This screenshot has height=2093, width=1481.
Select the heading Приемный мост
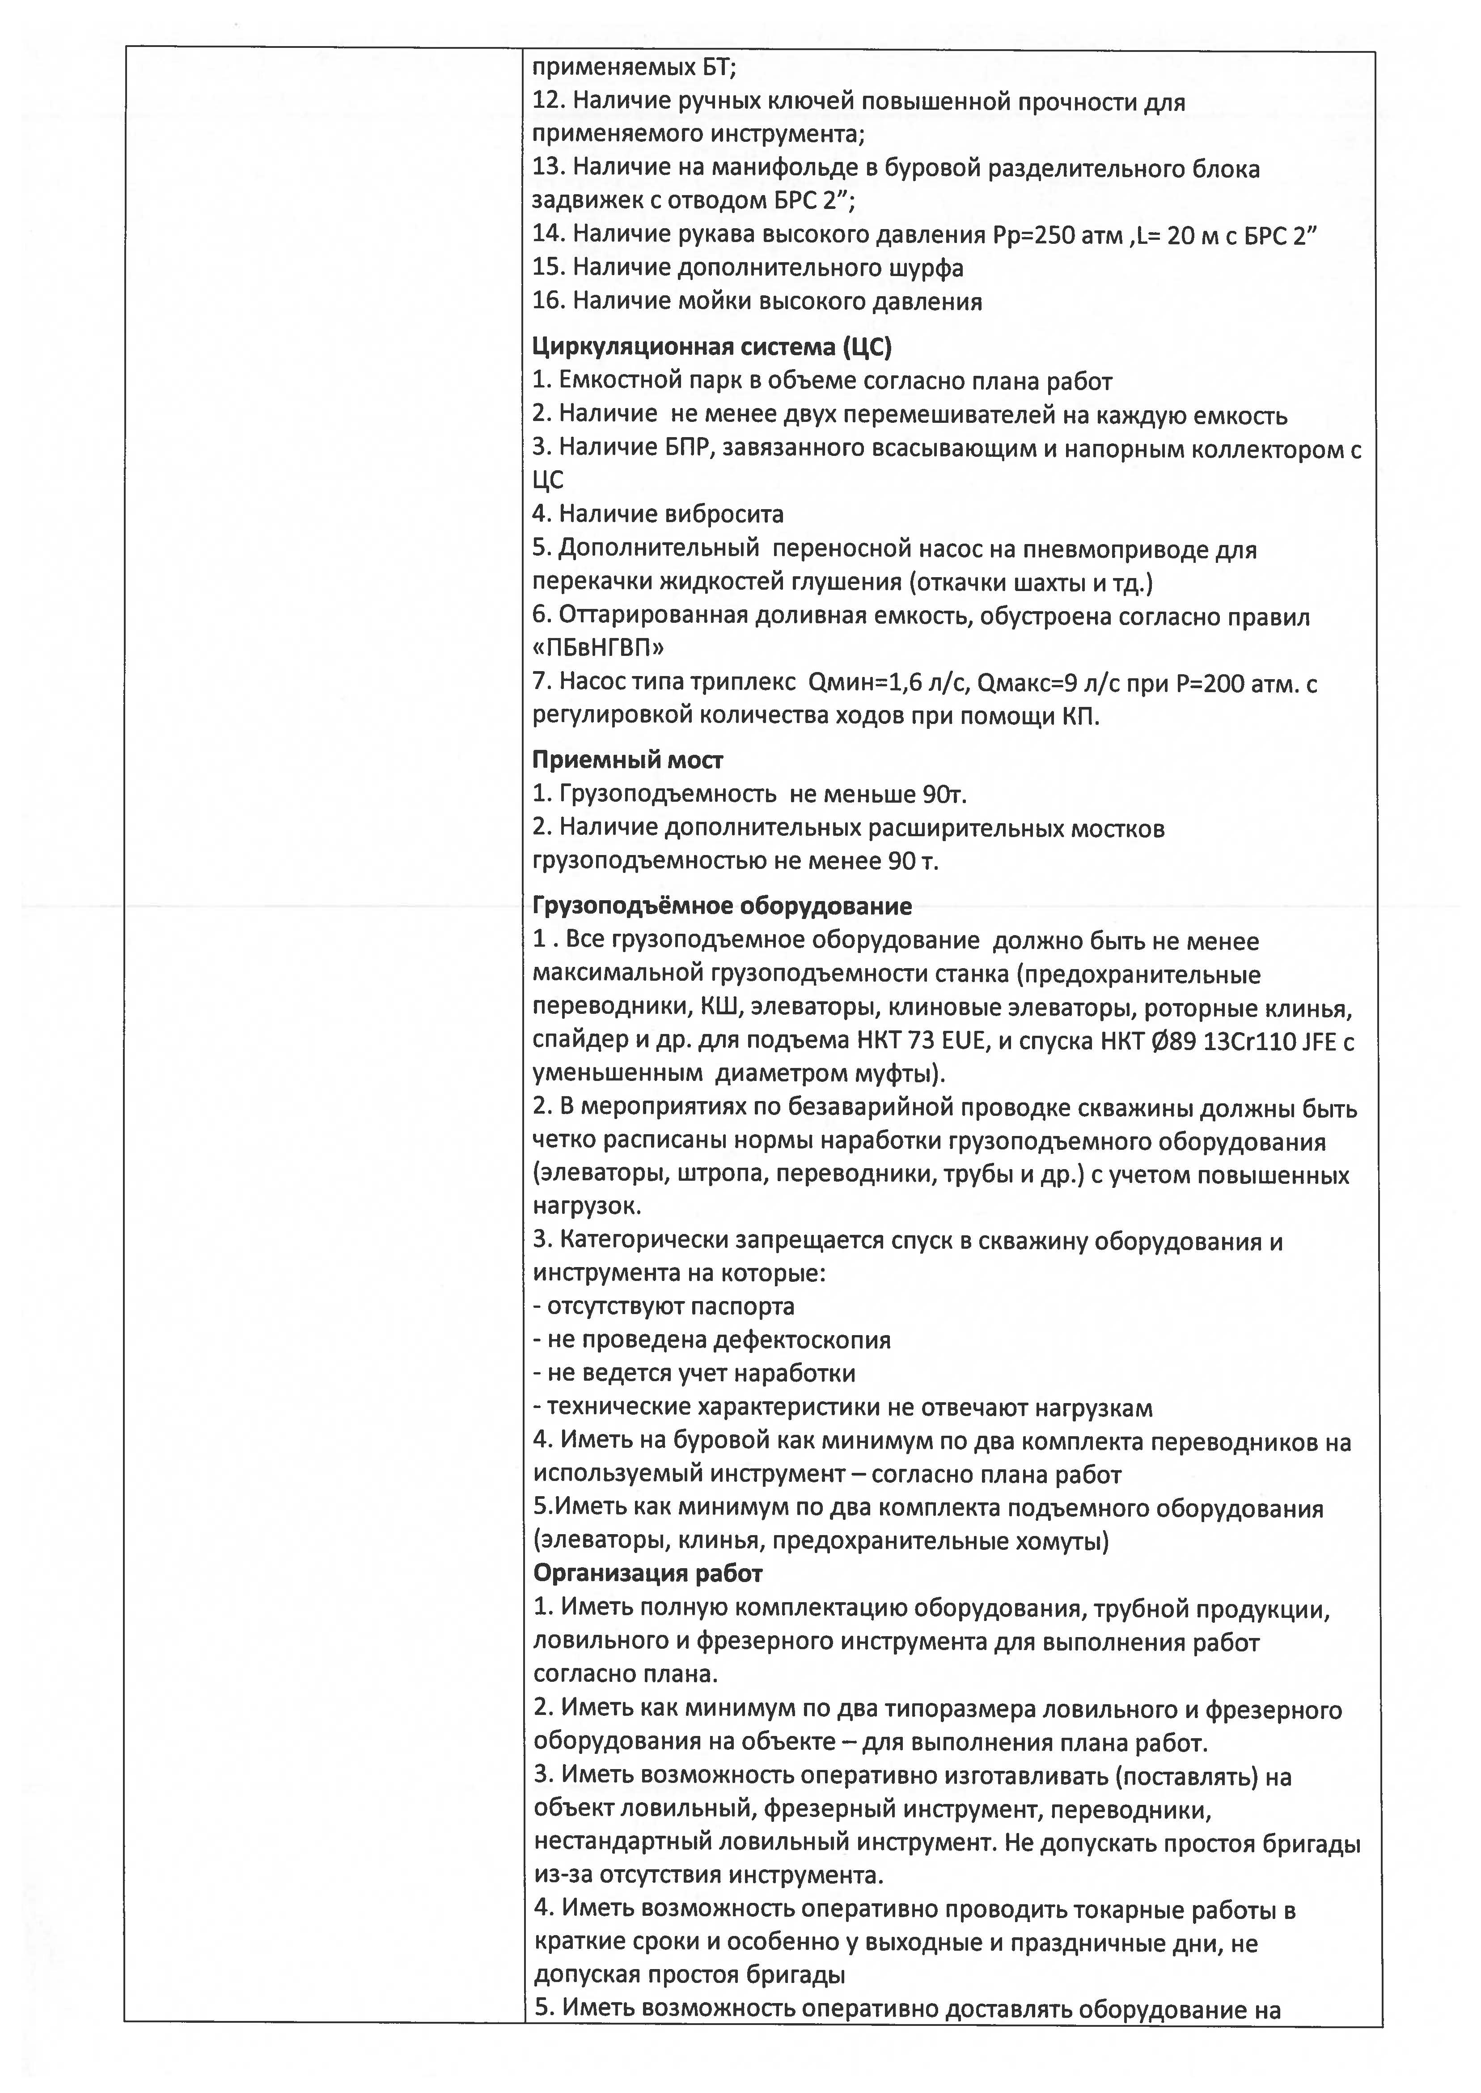coord(627,759)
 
